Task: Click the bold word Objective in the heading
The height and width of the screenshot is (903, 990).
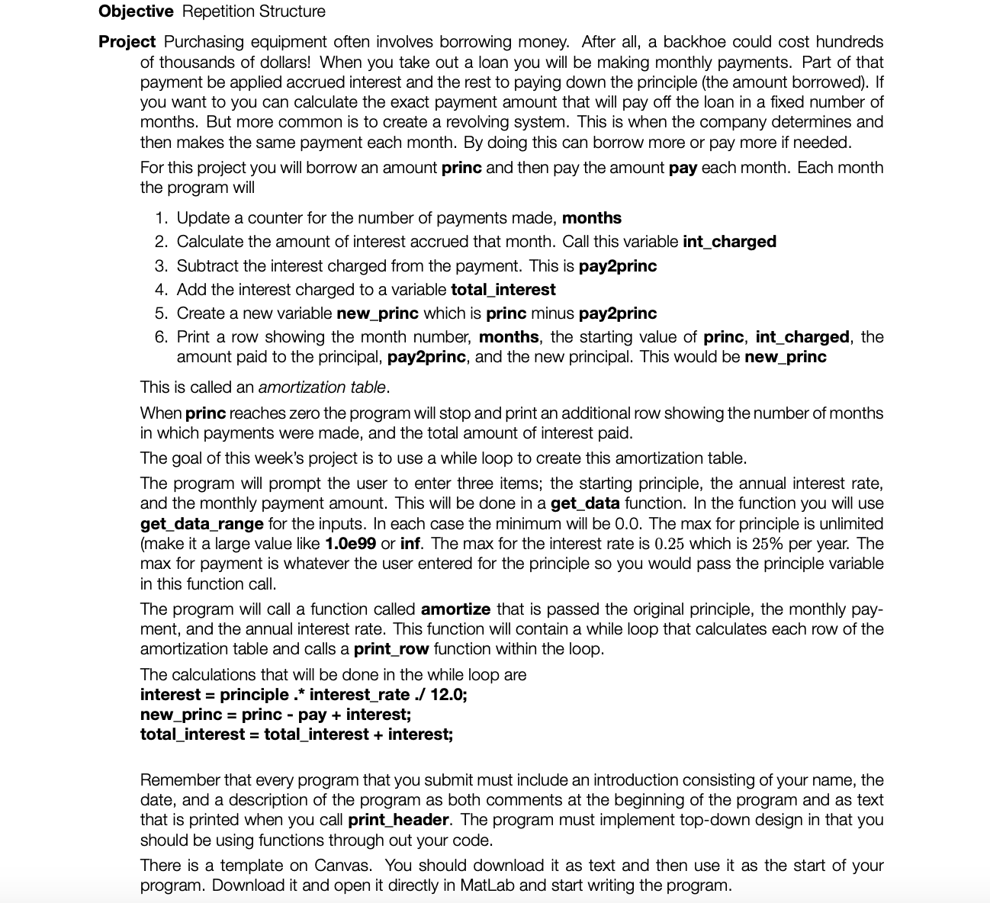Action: [x=136, y=11]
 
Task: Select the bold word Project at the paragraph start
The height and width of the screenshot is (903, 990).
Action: [x=127, y=42]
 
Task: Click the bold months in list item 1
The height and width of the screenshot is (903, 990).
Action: [x=591, y=218]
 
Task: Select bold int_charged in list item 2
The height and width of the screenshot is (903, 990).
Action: [x=729, y=242]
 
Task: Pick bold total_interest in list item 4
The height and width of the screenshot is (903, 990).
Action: [x=503, y=290]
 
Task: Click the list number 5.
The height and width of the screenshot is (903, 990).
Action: [x=160, y=313]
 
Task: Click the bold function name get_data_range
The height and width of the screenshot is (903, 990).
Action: [x=202, y=524]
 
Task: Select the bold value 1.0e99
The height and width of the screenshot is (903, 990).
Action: [x=350, y=544]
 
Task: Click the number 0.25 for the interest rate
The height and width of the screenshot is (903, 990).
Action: [x=672, y=544]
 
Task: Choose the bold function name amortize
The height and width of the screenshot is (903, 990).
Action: [x=455, y=609]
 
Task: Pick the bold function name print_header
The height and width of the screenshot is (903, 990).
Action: [x=398, y=820]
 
